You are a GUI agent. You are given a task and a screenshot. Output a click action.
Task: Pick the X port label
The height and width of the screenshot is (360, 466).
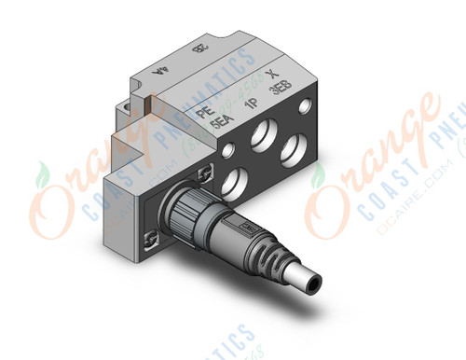(270, 74)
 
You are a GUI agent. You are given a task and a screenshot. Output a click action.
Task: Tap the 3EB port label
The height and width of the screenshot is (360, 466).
(279, 90)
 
